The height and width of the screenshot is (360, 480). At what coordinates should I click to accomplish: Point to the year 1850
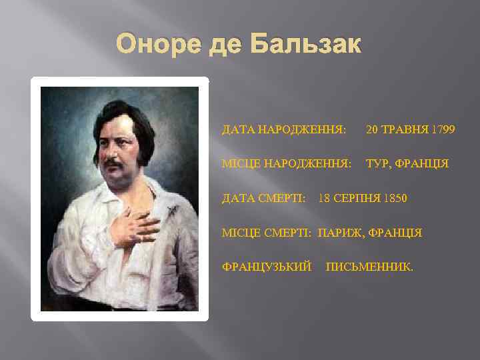pos(394,199)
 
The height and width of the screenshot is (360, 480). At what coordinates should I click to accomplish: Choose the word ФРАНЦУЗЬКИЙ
pos(267,267)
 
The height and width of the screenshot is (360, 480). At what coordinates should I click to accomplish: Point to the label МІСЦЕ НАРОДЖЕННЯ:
pos(287,163)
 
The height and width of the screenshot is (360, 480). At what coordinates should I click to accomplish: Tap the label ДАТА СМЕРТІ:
pos(264,199)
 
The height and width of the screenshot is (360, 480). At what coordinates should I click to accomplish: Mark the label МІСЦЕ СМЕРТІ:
pos(267,233)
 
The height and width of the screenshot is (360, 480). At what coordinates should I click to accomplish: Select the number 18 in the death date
pos(325,199)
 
